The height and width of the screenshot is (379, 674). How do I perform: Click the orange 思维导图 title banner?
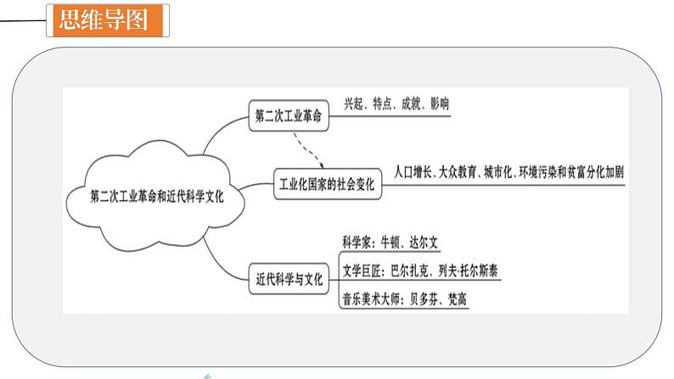click(110, 20)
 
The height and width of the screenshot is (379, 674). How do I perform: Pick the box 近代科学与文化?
click(289, 277)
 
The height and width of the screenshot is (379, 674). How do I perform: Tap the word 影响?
click(439, 103)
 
